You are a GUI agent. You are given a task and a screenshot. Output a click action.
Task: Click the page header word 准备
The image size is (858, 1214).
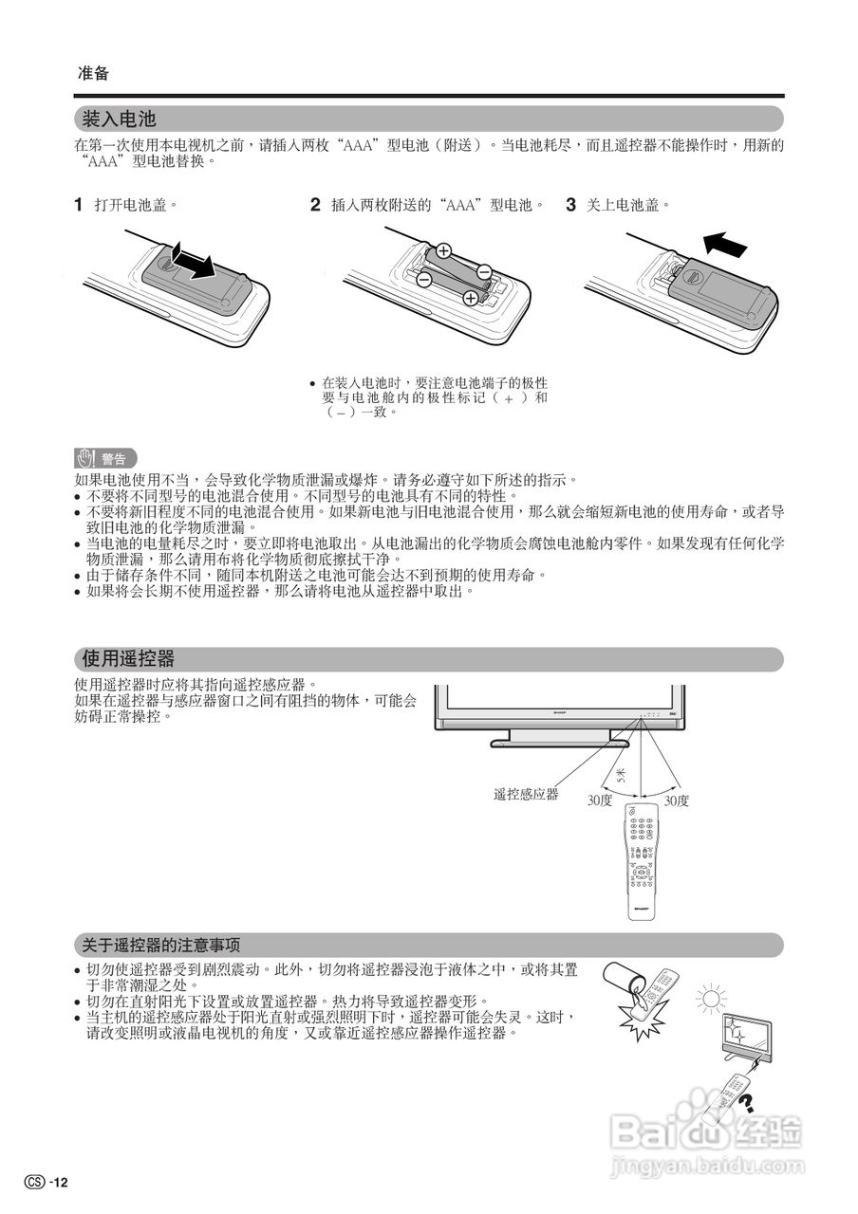93,73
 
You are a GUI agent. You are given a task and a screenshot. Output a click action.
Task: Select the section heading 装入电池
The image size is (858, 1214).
119,120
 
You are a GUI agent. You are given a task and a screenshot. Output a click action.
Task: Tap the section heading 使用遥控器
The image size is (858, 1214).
128,659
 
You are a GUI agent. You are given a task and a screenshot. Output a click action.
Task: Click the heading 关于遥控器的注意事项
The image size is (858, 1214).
159,945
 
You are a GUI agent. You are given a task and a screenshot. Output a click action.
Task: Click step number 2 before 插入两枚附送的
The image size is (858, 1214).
315,204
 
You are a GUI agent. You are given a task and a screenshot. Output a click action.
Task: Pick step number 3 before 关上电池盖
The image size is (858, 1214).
571,204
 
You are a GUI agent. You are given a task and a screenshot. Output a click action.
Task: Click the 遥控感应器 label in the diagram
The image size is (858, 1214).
526,794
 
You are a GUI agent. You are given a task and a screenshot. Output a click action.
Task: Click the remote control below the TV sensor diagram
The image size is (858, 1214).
642,859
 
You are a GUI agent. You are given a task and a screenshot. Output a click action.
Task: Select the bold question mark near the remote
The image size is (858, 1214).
747,1101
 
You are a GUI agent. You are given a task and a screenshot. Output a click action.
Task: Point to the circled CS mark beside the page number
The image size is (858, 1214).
35,1182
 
